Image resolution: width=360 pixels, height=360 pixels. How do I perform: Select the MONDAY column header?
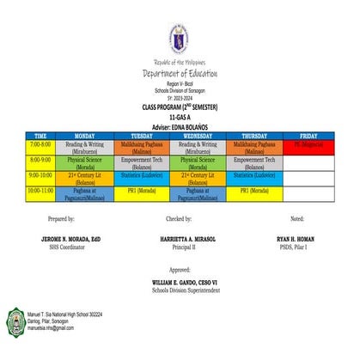(85, 136)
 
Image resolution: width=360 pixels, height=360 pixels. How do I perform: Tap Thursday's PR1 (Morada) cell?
(256, 190)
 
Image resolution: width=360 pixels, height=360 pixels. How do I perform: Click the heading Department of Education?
(180, 74)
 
